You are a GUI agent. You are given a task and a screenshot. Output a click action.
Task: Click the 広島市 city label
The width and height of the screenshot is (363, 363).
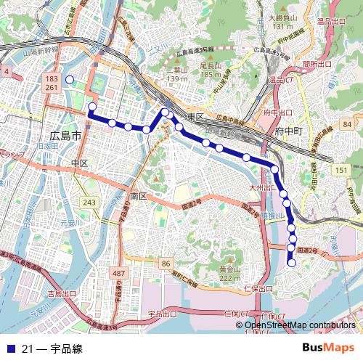[x=63, y=136]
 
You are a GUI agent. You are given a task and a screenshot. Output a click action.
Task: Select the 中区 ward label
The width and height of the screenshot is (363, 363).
[x=80, y=163]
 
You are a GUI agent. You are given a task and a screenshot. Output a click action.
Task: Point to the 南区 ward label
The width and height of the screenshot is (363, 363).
[x=139, y=196]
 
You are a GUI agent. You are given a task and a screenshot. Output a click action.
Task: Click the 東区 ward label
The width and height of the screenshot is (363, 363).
[x=195, y=117]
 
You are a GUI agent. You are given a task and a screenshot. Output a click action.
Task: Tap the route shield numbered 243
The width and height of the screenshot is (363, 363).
[x=89, y=202]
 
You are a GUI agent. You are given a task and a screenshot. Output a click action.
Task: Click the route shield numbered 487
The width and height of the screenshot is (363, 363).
[x=119, y=272]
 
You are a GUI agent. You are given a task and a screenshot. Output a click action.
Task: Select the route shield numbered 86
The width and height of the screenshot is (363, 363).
[x=166, y=263]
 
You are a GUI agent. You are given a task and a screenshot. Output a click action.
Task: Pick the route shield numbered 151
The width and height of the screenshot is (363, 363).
[x=341, y=169]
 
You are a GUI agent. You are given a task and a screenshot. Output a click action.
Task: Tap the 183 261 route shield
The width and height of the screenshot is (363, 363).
[x=51, y=82]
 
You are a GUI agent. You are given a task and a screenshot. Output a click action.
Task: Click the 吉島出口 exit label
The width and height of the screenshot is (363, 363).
[x=62, y=294]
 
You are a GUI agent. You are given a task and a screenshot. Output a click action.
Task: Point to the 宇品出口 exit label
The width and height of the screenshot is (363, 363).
[x=162, y=314]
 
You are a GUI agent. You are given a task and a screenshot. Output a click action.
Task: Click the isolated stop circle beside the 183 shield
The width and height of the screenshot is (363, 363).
[x=70, y=80]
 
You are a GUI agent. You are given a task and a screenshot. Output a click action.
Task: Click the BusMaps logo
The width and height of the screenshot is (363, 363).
[x=328, y=348]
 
